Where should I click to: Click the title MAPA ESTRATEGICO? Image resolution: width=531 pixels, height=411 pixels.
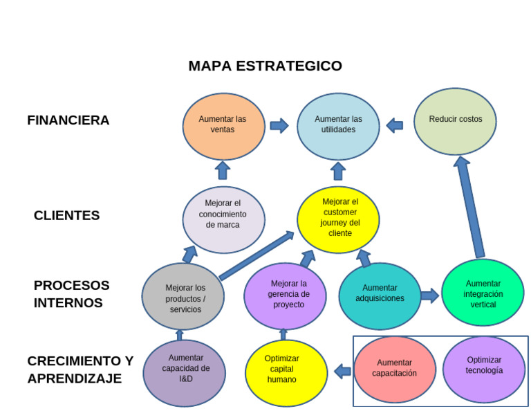[x=265, y=66]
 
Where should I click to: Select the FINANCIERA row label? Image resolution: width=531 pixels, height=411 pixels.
[x=68, y=120]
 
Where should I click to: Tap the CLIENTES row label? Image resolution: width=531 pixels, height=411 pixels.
[x=66, y=215]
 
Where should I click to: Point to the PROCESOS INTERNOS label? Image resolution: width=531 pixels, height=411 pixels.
[x=71, y=294]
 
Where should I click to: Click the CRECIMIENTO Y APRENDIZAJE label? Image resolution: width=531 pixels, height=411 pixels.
[x=80, y=369]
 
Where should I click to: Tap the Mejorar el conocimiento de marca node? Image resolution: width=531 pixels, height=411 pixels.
[x=223, y=219]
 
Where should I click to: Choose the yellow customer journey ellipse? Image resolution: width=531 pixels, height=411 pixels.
[x=339, y=219]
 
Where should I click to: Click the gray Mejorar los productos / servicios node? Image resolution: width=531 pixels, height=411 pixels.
[x=183, y=297]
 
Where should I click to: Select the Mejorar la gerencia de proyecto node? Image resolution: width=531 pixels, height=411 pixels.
[x=285, y=295]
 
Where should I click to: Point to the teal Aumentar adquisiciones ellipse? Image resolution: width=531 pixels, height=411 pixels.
[x=380, y=295]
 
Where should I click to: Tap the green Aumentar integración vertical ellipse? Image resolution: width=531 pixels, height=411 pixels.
[x=483, y=293]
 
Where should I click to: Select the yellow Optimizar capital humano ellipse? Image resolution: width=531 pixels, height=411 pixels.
[x=286, y=372]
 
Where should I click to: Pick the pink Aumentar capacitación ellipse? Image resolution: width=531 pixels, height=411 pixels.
[x=395, y=369]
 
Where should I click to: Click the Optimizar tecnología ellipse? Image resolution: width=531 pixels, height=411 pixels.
[x=484, y=368]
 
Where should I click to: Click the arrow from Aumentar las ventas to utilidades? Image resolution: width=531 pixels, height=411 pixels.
[x=279, y=125]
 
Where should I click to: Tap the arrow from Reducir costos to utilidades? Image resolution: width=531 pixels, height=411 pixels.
[x=395, y=125]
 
